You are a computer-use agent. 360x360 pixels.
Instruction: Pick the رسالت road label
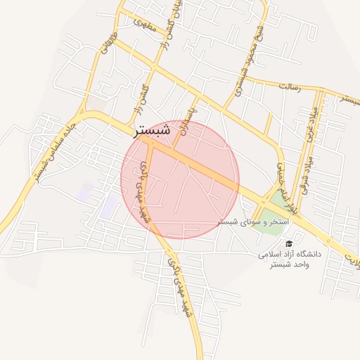(289, 86)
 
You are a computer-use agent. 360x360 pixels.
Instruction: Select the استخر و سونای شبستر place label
(238, 221)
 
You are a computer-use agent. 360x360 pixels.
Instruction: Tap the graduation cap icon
(289, 243)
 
